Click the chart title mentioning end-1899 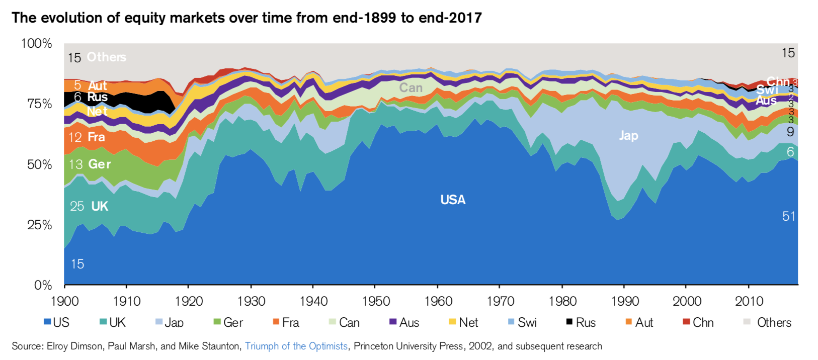pos(247,18)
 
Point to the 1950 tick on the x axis pos(376,301)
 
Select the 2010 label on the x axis pos(749,301)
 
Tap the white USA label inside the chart pos(453,200)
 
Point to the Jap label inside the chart pos(628,136)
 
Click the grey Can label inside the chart pos(411,88)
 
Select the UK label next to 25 pos(100,206)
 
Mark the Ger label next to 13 pos(99,164)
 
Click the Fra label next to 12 pos(96,137)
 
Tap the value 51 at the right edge pos(788,217)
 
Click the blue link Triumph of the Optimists pos(296,346)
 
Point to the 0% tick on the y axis pos(43,286)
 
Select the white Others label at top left pos(106,57)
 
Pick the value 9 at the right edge pos(790,132)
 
